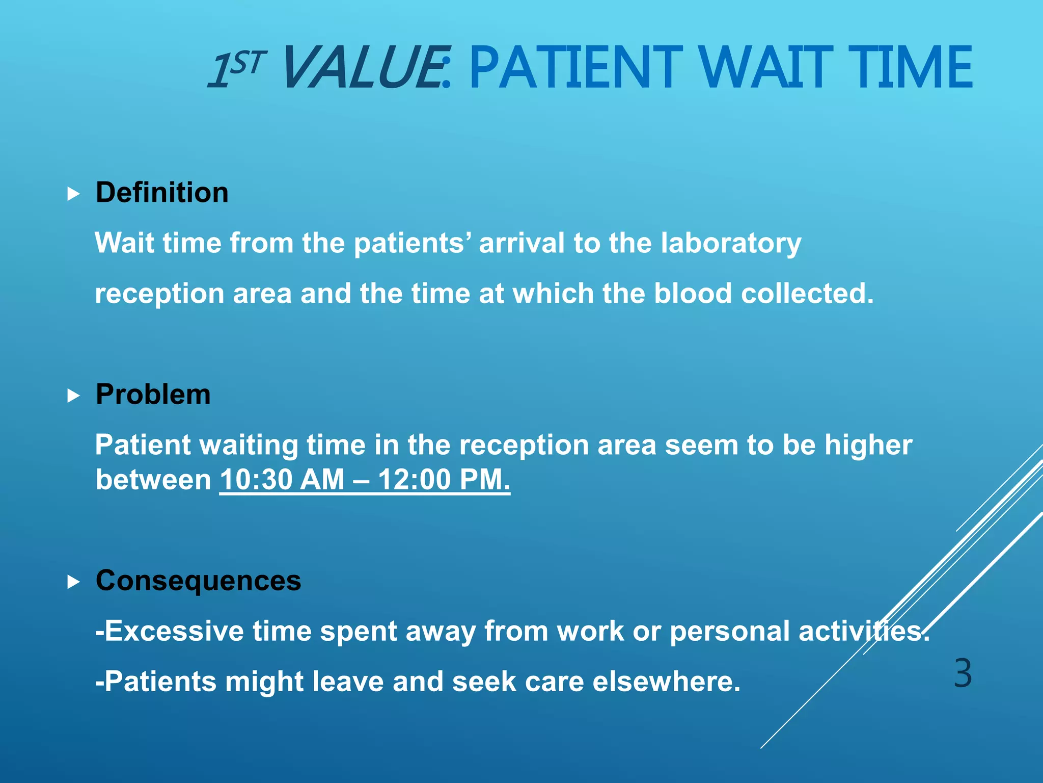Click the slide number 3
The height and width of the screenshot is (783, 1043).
pyautogui.click(x=963, y=673)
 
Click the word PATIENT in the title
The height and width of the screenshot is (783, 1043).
pyautogui.click(x=575, y=67)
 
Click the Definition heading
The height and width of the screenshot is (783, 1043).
pyautogui.click(x=162, y=193)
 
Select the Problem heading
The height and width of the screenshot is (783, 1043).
pyautogui.click(x=153, y=395)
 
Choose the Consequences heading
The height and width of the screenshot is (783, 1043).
pyautogui.click(x=198, y=581)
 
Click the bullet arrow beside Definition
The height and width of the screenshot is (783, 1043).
pyautogui.click(x=74, y=194)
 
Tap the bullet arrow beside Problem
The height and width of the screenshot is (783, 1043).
pyautogui.click(x=74, y=396)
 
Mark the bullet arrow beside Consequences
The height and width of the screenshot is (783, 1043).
pyautogui.click(x=74, y=582)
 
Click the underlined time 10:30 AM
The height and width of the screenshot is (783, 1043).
pyautogui.click(x=282, y=480)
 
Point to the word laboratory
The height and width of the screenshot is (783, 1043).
pyautogui.click(x=731, y=243)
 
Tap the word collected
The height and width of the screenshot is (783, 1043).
pyautogui.click(x=807, y=294)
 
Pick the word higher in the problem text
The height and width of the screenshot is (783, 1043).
pyautogui.click(x=868, y=446)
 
